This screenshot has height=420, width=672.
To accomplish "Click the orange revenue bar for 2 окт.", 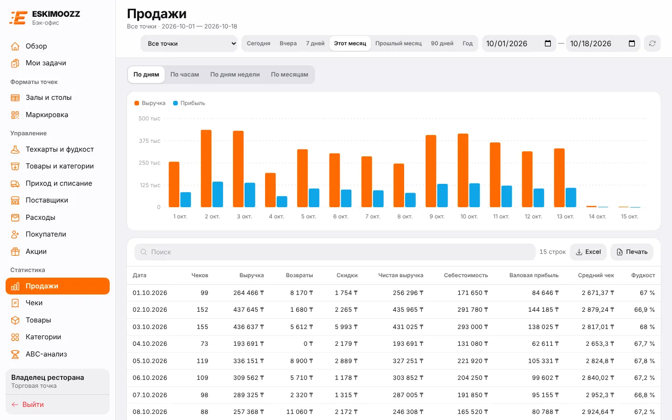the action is point(206,168).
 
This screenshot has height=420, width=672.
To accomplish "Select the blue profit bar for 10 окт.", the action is point(474,195).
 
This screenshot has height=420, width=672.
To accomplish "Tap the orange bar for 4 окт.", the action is point(270,190).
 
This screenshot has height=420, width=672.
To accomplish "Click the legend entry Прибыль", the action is point(189,103).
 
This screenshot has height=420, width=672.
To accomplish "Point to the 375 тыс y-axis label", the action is point(149,141).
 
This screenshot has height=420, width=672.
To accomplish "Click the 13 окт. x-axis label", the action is point(565,217).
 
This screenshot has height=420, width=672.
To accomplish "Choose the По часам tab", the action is point(184,74).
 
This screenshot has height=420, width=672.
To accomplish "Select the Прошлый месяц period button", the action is point(399,43).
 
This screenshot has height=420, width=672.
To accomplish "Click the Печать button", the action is point(632,252).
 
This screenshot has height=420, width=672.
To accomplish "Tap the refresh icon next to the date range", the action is point(652,43).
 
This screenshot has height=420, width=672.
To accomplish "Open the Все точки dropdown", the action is point(189,43).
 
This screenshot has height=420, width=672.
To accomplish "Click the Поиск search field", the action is point(335,252).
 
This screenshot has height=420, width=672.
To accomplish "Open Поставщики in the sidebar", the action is point(47,200).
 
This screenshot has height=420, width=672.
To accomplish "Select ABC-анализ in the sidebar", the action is point(46,354).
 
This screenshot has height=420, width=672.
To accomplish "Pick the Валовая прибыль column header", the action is point(534,275).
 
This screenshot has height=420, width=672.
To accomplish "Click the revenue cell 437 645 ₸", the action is point(248,309).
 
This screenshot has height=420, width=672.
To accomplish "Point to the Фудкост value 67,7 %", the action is point(644,343).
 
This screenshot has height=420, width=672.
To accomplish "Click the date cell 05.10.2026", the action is point(150,361).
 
